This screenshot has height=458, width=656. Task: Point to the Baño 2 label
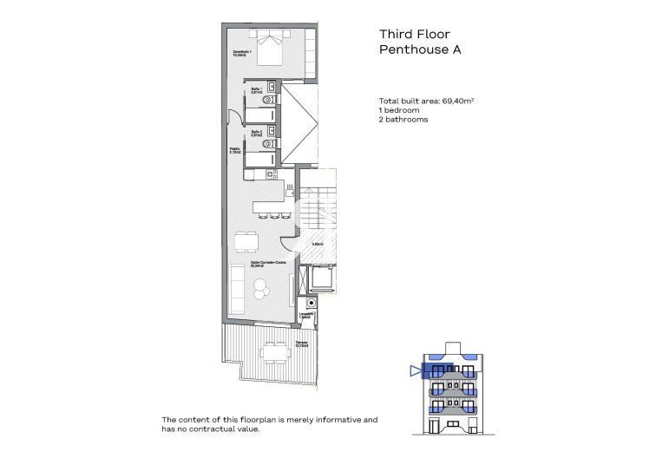tap(256, 134)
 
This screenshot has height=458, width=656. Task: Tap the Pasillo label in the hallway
tap(234, 149)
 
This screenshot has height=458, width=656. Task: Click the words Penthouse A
tap(421, 50)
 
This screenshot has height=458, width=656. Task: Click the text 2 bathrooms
tap(404, 121)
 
